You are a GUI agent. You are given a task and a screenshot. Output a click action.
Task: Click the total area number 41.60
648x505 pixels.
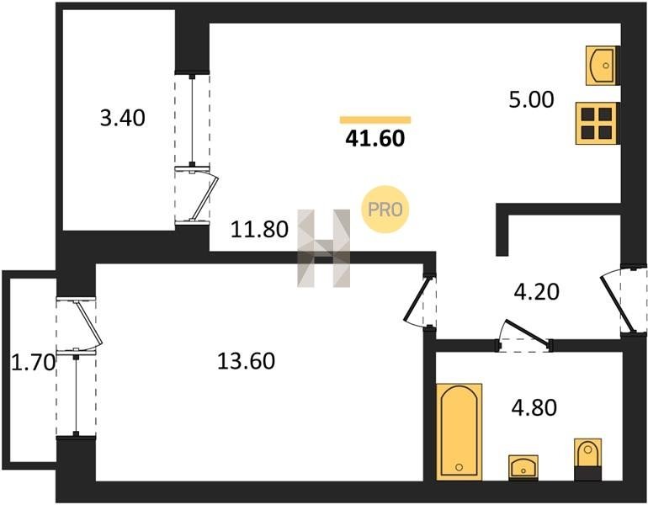(374, 138)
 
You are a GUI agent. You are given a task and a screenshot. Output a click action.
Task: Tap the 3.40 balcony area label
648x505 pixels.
(123, 118)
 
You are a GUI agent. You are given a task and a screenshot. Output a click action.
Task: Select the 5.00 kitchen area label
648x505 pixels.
(531, 100)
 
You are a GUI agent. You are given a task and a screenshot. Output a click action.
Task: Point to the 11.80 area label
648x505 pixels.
(259, 230)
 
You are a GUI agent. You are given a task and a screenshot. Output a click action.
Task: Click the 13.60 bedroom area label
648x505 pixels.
(246, 361)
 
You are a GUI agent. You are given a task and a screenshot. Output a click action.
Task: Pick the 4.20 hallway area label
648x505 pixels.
(536, 292)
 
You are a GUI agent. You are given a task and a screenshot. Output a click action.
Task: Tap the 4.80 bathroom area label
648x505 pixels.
(534, 407)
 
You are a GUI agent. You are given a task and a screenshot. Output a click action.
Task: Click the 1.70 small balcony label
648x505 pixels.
(33, 364)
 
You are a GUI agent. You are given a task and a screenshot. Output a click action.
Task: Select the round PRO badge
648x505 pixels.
(385, 209)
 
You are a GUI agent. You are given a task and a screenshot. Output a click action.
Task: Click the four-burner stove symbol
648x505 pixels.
(598, 123)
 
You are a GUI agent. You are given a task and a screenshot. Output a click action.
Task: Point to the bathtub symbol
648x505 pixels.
(459, 432)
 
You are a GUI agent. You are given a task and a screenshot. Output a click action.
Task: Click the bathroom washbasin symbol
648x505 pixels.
(523, 468)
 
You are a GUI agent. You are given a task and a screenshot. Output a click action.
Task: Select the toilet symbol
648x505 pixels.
(588, 460)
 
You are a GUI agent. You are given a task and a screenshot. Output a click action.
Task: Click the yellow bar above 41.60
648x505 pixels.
(375, 120)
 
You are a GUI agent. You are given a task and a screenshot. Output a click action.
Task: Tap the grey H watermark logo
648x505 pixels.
(324, 248)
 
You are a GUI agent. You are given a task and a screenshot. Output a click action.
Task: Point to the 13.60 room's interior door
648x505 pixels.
(420, 300)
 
